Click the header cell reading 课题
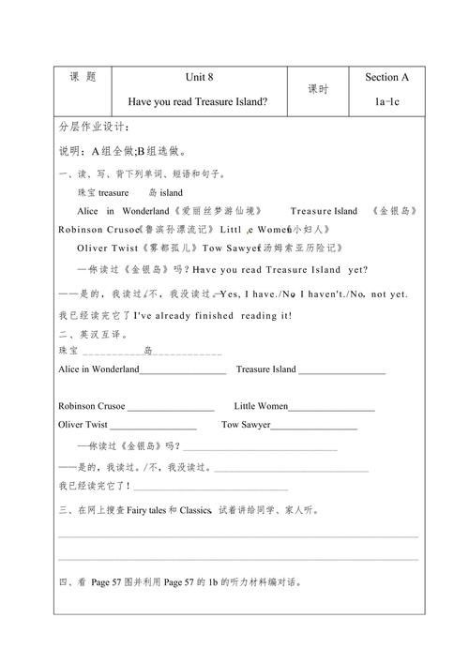(83, 77)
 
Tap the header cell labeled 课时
(317, 89)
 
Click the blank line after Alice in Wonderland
(183, 372)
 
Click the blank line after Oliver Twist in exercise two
(154, 428)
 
